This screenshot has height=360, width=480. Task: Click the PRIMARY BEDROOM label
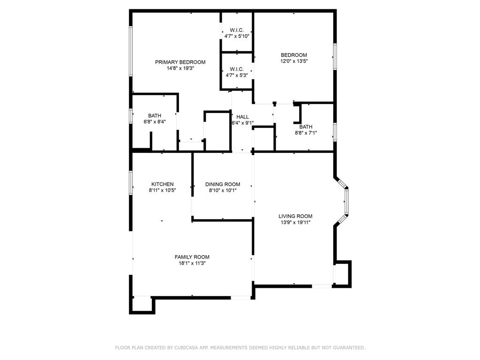click(x=180, y=62)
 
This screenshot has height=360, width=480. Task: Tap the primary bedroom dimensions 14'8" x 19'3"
click(x=180, y=68)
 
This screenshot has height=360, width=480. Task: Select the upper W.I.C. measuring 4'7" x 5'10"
click(x=237, y=33)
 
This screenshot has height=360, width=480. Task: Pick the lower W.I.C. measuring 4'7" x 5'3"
click(x=237, y=72)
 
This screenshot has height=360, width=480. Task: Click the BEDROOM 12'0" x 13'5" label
click(x=294, y=58)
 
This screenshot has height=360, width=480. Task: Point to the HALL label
click(x=242, y=117)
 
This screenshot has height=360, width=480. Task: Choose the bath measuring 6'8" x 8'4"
click(x=155, y=119)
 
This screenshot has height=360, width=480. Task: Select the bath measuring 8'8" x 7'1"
click(x=306, y=130)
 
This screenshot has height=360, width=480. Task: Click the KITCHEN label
click(x=162, y=184)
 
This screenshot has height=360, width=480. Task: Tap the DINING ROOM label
click(x=223, y=184)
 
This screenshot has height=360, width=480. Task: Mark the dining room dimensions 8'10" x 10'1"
click(x=223, y=190)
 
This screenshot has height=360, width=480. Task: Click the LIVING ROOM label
click(x=295, y=216)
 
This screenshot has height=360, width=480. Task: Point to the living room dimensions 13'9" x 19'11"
click(x=295, y=223)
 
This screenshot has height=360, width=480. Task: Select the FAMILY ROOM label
click(x=192, y=257)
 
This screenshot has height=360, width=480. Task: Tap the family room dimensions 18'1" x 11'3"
click(x=192, y=263)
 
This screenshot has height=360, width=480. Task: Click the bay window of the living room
click(x=346, y=202)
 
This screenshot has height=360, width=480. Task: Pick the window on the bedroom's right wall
click(x=335, y=57)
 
